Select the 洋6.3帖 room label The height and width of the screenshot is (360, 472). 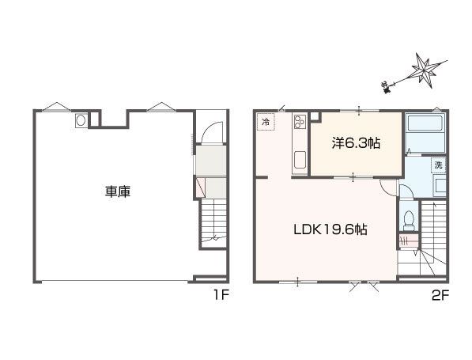point(356,143)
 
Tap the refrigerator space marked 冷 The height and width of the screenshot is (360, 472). point(266,123)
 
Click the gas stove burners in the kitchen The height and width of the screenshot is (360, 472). point(300,123)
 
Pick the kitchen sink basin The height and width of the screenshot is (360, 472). point(300,161)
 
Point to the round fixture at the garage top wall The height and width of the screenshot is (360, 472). point(81,121)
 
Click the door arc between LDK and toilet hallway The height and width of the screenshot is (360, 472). point(387,188)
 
